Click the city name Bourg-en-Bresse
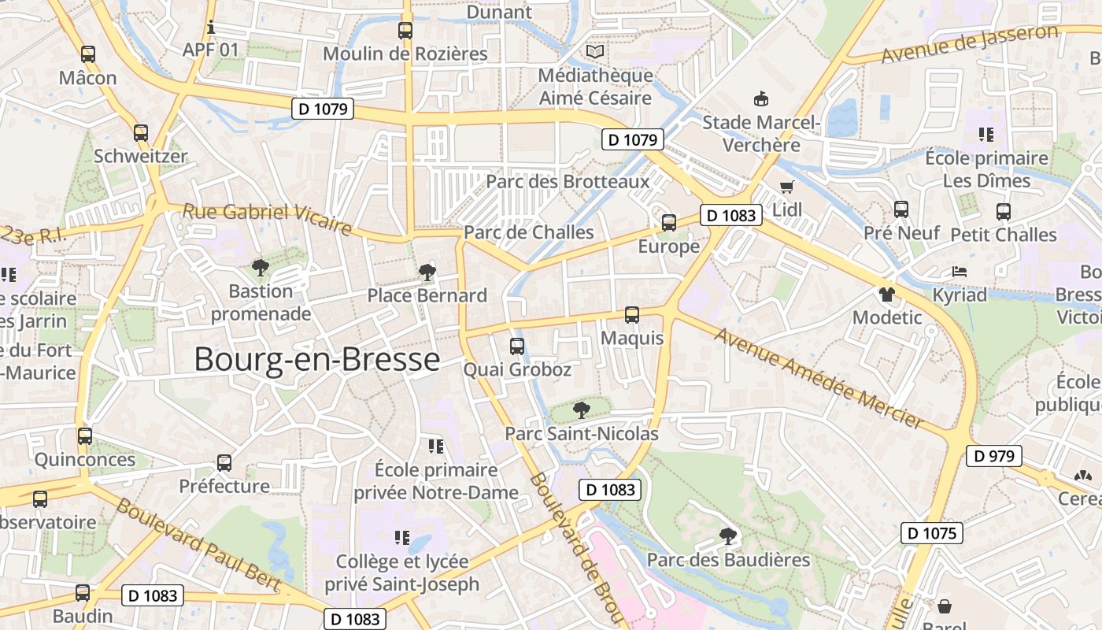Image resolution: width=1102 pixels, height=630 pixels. pos(316,359)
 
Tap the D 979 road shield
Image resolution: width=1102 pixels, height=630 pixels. pos(994,456)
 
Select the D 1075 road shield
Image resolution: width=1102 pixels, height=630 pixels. pos(932,533)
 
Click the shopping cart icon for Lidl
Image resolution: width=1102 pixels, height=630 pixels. pos(786,187)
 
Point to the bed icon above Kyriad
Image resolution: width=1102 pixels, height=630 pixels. pos(959,272)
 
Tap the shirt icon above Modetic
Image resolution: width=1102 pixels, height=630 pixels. pos(887,295)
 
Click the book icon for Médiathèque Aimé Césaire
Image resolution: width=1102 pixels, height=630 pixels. pos(595,52)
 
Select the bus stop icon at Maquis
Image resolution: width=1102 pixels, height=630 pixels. pos(631,315)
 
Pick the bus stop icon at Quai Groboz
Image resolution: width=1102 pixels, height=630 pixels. pos(517,346)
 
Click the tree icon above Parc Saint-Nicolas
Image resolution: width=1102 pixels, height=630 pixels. pos(581,409)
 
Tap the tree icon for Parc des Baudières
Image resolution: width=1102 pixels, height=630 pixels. pos(728,536)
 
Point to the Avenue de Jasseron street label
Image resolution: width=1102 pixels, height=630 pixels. pos(970,44)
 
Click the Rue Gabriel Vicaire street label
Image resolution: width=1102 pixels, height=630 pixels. pos(267,219)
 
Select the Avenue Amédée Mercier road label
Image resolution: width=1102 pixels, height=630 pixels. pos(819,378)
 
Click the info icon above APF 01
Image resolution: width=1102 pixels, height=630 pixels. pos(210,27)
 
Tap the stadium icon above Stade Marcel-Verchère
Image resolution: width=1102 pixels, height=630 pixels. pos(761,99)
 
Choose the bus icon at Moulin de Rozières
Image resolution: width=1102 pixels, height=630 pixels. pos(405,31)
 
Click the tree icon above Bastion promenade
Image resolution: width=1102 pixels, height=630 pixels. pos(260,268)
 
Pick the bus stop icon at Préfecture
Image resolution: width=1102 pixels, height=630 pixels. pos(224,463)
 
